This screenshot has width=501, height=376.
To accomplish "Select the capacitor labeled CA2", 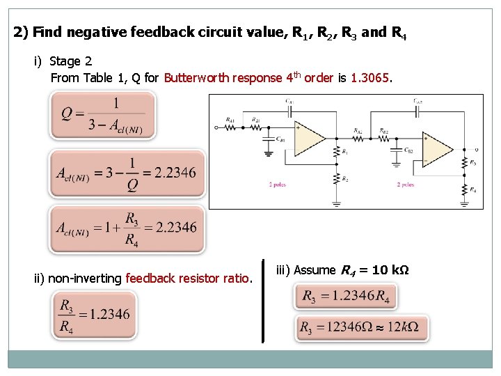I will [x=417, y=107].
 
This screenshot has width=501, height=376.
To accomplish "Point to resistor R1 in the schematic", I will [x=337, y=152].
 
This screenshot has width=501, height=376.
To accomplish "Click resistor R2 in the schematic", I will [x=337, y=180].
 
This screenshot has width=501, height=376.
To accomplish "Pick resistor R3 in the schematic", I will [x=465, y=163].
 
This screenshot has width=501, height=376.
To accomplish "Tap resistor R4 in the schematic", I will [x=465, y=188].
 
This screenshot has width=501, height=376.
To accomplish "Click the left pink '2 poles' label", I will [x=277, y=185].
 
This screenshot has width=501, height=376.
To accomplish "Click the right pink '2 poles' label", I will [x=406, y=185].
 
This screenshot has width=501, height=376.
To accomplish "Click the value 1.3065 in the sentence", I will [x=370, y=77].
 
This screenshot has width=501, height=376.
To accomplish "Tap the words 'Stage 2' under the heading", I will [x=71, y=61].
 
